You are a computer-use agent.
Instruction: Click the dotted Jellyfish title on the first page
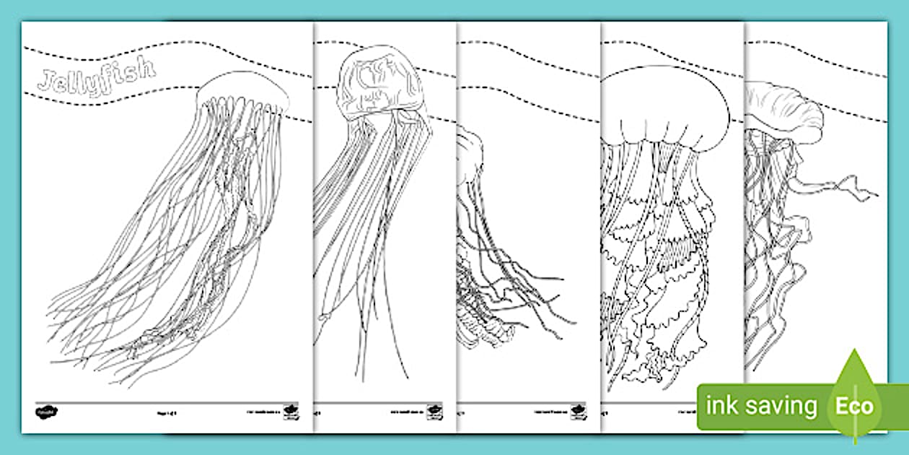point(96,75)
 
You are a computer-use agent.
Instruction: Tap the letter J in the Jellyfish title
point(45,80)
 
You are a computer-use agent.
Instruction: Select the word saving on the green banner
point(781,407)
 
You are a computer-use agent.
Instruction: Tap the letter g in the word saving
point(810,409)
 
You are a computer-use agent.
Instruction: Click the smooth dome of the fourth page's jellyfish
point(664,101)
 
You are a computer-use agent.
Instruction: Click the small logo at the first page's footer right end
point(291,412)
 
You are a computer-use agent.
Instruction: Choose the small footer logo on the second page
point(435,412)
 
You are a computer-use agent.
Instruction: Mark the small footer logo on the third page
point(579,412)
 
